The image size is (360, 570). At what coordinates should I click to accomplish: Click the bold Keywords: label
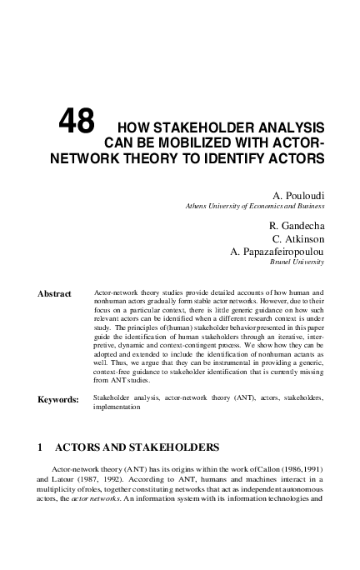tap(58, 400)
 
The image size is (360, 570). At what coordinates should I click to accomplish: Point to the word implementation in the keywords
tap(117, 408)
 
